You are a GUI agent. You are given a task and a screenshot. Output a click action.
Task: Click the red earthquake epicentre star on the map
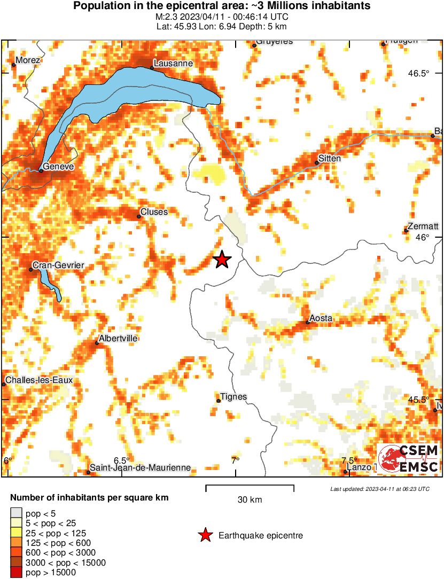point(222,260)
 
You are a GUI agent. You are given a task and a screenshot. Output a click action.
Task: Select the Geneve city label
point(59,167)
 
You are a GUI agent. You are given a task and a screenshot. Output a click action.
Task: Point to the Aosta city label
point(321,318)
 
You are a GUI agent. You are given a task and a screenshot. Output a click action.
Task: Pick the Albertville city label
point(118,339)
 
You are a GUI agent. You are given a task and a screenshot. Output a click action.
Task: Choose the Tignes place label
point(234,396)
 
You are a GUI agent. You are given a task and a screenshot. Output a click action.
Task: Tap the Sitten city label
point(329,159)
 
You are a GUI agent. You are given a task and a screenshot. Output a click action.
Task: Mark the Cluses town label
point(154,212)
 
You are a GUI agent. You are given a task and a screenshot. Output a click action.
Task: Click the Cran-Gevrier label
point(58,265)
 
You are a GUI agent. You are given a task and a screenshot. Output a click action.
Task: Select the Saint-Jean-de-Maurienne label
point(141,467)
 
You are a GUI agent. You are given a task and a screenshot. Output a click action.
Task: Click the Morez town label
point(28,60)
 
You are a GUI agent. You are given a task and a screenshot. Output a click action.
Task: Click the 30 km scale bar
point(250,486)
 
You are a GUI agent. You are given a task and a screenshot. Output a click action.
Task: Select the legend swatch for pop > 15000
point(16,572)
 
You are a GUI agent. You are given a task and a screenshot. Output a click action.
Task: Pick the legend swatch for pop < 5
point(16,513)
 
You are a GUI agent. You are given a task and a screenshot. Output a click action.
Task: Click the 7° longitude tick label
point(235,460)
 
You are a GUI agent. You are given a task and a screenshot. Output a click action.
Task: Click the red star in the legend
point(205,535)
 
